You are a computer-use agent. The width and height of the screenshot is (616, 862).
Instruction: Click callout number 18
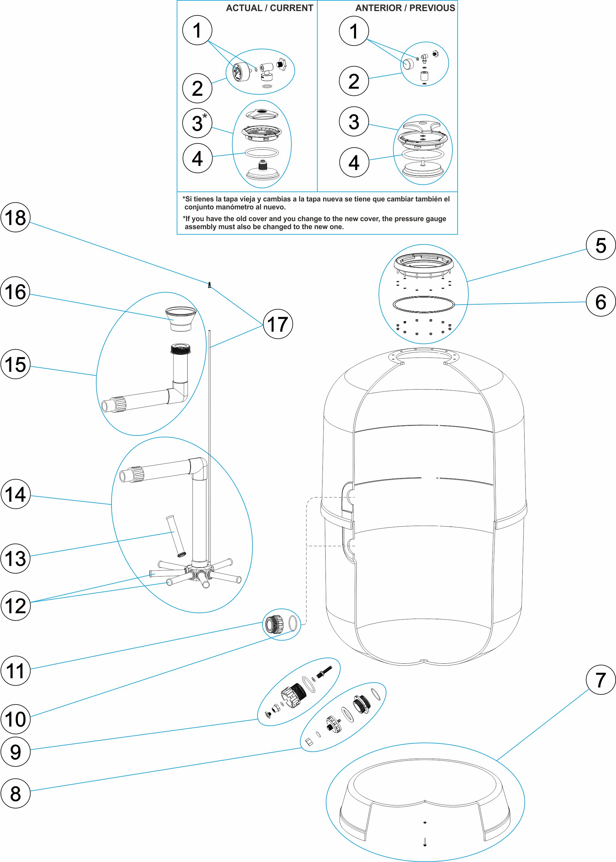(x=15, y=217)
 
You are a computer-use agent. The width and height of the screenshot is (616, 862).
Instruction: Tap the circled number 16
(x=15, y=291)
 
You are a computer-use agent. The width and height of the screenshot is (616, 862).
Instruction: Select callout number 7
(x=601, y=680)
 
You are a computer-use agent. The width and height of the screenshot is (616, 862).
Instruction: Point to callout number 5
(x=601, y=245)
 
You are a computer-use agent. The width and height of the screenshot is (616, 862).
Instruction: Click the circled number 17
(x=278, y=324)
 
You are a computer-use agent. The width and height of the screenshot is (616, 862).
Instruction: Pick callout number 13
(x=15, y=558)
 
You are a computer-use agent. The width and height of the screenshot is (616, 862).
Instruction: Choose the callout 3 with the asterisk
(x=197, y=123)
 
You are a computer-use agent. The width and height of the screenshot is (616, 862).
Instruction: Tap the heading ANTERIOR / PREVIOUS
(x=405, y=8)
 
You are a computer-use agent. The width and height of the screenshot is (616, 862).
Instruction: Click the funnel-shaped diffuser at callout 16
(x=181, y=318)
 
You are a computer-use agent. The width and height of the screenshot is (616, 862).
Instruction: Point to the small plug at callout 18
(x=209, y=285)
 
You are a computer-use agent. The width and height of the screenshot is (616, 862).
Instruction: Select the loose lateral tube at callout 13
(x=176, y=536)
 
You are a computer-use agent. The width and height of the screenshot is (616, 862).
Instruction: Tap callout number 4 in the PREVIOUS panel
(x=354, y=162)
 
